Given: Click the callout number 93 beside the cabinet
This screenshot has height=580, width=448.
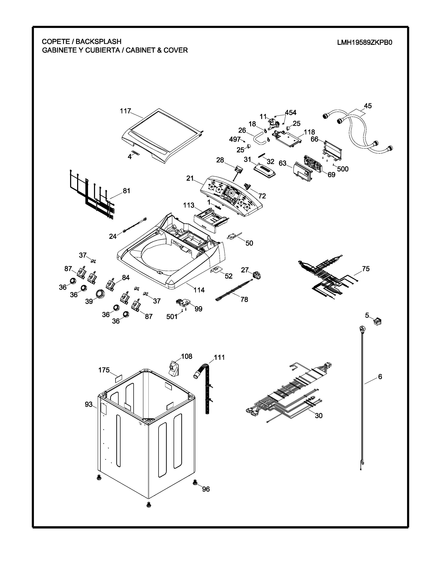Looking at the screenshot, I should tap(89, 404).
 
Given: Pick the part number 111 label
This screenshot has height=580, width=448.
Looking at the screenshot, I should tap(219, 357).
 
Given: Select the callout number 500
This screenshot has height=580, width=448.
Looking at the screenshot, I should tap(343, 169).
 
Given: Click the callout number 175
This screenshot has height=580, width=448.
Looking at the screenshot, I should tap(104, 370).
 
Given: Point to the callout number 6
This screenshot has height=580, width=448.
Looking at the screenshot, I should tap(380, 377).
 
